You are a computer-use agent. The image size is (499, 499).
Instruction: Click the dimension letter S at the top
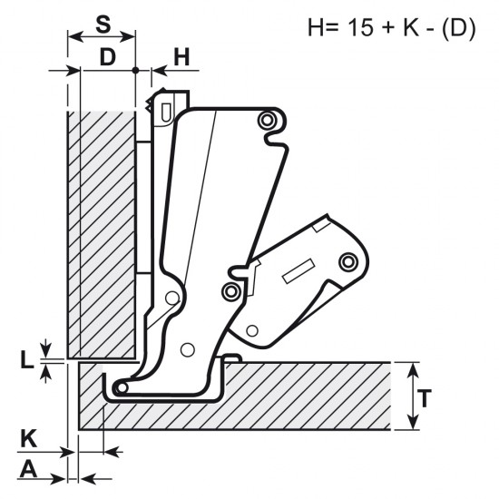pos(103,24)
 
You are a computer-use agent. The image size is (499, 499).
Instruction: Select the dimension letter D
pos(108,57)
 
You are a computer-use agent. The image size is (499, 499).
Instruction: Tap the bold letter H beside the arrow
pos(181,57)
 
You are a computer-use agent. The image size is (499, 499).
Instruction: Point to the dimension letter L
pos(26,360)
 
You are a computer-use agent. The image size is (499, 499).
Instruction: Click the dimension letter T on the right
pos(424,398)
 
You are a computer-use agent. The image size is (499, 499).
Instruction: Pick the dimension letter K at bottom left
pos(29,438)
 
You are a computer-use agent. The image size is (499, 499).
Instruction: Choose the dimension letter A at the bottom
pos(28,469)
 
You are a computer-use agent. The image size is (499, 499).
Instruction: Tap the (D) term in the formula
pos(459,28)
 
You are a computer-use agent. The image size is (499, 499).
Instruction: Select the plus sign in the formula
pos(388,28)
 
